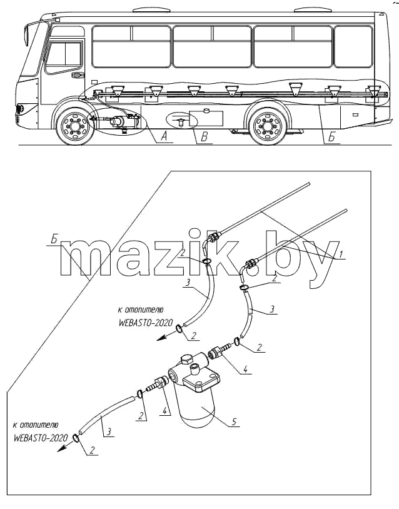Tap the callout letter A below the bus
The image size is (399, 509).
[x=164, y=136]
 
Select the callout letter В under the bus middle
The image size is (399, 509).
[x=205, y=137]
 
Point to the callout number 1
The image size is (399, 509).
[x=340, y=254]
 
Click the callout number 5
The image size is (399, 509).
[x=233, y=421]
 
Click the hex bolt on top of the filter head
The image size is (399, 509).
[x=185, y=360]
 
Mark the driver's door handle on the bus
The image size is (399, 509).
[x=78, y=75]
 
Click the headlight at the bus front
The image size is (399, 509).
[x=20, y=109]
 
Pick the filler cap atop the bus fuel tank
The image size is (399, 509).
[x=206, y=111]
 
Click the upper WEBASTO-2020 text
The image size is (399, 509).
[x=146, y=323]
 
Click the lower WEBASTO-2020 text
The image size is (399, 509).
[x=41, y=438]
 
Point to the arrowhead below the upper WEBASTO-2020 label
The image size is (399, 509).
[x=161, y=339]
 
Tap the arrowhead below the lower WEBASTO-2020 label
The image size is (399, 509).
[x=61, y=449]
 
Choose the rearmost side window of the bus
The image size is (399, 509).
[x=353, y=47]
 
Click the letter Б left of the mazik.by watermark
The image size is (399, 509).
[x=54, y=241]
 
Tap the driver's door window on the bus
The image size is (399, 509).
[x=63, y=57]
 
